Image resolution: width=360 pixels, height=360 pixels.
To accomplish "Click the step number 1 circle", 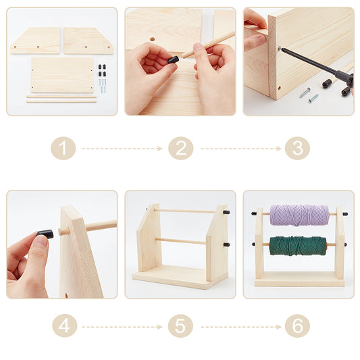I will [63, 148].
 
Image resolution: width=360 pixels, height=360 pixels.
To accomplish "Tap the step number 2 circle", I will [180, 148].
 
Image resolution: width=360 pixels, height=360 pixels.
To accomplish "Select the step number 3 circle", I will [297, 148].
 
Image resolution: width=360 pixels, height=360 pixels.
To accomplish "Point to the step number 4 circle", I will [63, 326].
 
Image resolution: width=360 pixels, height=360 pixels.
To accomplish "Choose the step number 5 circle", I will [180, 326].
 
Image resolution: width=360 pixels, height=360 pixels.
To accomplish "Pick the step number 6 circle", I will [297, 326].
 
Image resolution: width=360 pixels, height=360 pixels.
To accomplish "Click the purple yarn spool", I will [299, 215].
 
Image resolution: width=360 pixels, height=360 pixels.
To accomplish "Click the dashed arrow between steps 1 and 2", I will [122, 148].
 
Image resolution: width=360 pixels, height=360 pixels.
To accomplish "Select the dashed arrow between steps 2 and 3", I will [238, 148].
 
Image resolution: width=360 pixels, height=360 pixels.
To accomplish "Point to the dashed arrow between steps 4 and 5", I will [122, 326].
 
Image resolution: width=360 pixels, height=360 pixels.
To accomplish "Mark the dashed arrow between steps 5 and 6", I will [238, 326].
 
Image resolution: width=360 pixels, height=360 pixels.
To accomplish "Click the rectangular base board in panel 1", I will [61, 74].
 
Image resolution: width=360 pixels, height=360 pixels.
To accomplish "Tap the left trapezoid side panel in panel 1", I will [35, 41].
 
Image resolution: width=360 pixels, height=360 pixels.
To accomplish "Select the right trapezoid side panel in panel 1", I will [88, 41].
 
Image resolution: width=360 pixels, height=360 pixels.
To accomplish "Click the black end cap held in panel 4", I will [45, 234].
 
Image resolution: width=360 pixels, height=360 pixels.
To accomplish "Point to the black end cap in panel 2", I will [173, 59].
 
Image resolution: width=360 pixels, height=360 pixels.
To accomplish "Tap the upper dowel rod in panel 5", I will [184, 211].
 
